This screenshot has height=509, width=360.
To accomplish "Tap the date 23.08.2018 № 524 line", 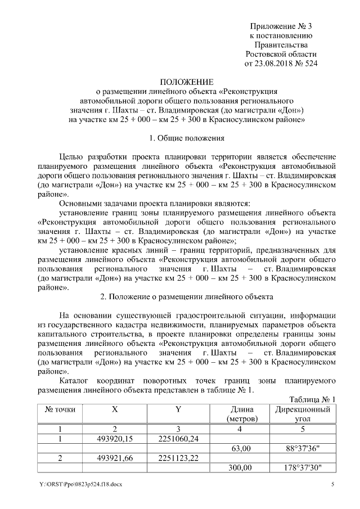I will pyautogui.click(x=281, y=64).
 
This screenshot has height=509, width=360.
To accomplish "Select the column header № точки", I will pyautogui.click(x=60, y=409).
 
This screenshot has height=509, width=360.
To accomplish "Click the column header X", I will pyautogui.click(x=115, y=409).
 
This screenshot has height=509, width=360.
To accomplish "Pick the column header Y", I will pyautogui.click(x=177, y=409).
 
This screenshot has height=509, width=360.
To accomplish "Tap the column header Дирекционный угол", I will pyautogui.click(x=303, y=414).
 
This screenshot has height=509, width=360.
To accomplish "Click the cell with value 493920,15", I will pyautogui.click(x=115, y=438).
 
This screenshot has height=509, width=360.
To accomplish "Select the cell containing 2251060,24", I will pyautogui.click(x=177, y=438).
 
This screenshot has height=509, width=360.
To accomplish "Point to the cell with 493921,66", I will pyautogui.click(x=115, y=458).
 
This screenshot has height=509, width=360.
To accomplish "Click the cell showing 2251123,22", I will pyautogui.click(x=177, y=458).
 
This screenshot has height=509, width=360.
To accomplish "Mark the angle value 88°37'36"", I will pyautogui.click(x=303, y=448).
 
